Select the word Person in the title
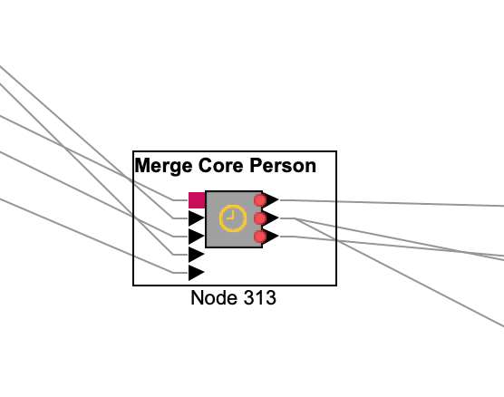pos(283,166)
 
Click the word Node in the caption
pos(215,297)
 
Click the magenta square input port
pos(197,200)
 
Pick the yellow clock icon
pos(233,218)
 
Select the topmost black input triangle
pos(197,218)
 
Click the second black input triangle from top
pos(197,237)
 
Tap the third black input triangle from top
pos(197,255)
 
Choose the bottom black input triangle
pos(197,273)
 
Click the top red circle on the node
pos(260,200)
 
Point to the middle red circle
pos(260,218)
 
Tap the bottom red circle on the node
pos(260,237)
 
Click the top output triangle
pos(272,200)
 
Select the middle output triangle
pos(272,218)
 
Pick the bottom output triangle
pos(272,237)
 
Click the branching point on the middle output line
pos(294,218)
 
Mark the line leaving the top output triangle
pos(392,203)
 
